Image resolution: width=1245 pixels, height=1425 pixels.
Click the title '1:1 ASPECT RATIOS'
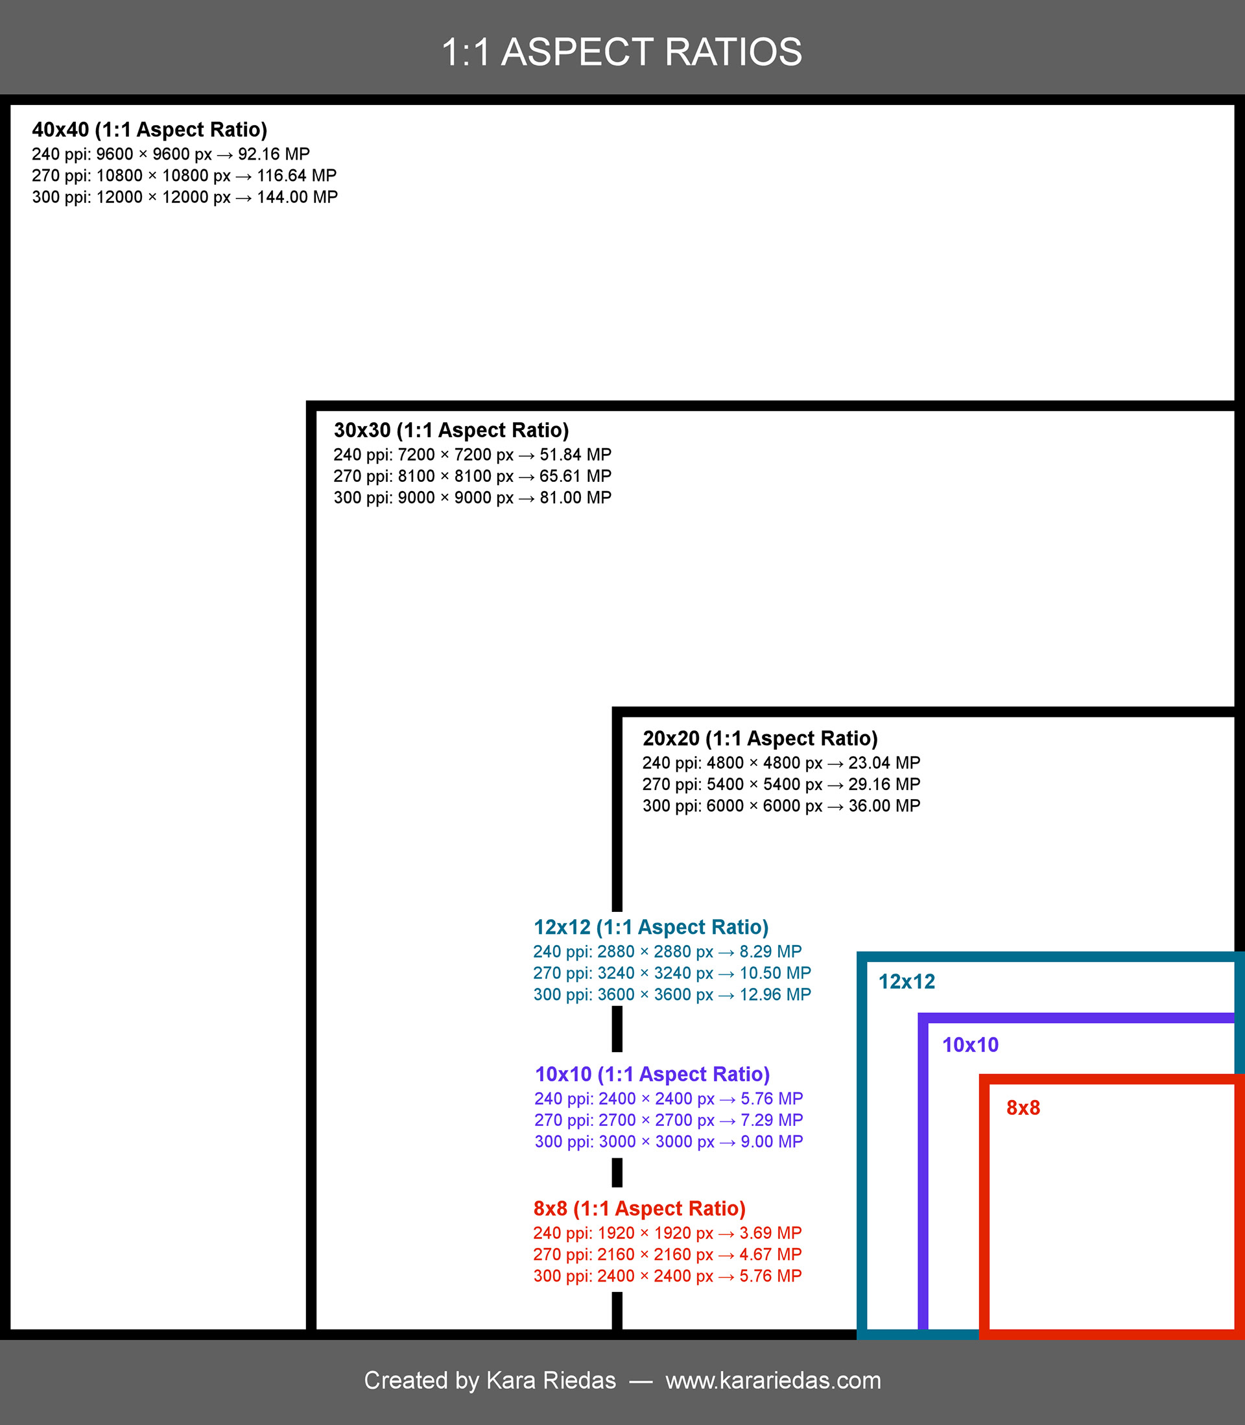click(x=622, y=52)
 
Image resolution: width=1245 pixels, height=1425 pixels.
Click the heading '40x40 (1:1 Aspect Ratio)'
click(x=149, y=130)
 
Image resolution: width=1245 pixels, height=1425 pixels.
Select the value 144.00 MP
click(x=298, y=197)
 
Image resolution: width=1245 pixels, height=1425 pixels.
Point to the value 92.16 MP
click(x=274, y=154)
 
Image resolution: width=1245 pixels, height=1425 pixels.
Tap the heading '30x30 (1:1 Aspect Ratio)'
click(x=451, y=431)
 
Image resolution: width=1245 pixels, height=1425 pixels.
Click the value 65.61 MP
click(x=575, y=477)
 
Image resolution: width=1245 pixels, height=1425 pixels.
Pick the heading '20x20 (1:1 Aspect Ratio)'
click(x=760, y=739)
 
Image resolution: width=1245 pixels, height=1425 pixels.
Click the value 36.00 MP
click(x=884, y=806)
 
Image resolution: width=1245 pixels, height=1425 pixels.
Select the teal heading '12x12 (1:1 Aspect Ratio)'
click(x=651, y=928)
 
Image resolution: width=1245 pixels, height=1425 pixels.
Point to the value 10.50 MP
click(x=775, y=974)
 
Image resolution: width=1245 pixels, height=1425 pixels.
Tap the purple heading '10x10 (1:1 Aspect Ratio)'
click(x=652, y=1075)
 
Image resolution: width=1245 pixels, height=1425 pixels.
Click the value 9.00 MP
click(x=771, y=1142)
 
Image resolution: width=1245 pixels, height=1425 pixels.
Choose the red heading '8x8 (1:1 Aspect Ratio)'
click(x=639, y=1209)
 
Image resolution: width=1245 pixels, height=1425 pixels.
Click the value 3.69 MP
click(x=770, y=1233)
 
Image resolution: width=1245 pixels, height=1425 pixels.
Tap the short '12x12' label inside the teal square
click(x=907, y=982)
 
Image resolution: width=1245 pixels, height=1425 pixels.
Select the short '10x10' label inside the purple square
click(x=970, y=1045)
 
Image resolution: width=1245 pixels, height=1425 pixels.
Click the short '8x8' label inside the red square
click(x=1023, y=1107)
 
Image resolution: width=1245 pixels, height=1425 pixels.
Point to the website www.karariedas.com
click(x=772, y=1380)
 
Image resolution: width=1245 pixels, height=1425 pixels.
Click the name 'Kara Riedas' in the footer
click(x=551, y=1380)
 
